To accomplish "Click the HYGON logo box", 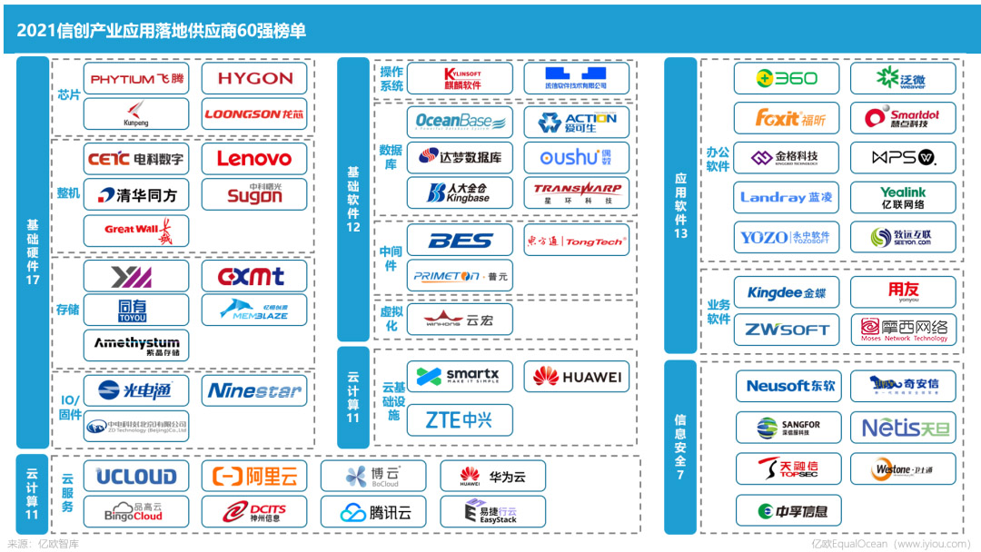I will click(x=254, y=78).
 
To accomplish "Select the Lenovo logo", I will click(x=254, y=158).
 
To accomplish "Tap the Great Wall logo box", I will click(x=136, y=230).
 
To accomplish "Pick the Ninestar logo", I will click(x=254, y=391).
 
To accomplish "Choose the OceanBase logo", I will click(x=460, y=121).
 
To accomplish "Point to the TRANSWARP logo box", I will click(x=576, y=192).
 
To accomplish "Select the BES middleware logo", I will click(x=460, y=241).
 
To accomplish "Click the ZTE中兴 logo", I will click(x=460, y=420).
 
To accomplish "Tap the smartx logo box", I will click(x=460, y=376).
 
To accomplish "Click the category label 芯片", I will click(x=68, y=94).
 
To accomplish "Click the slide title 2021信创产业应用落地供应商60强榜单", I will click(x=162, y=31).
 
